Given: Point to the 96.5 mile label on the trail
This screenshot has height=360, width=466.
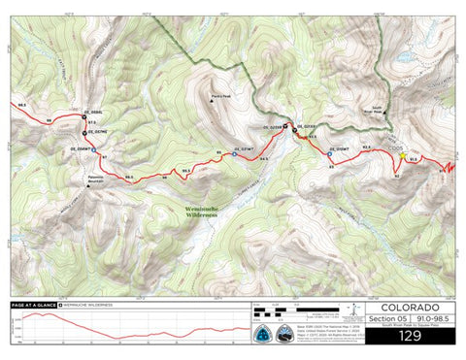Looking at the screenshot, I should [128, 176].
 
